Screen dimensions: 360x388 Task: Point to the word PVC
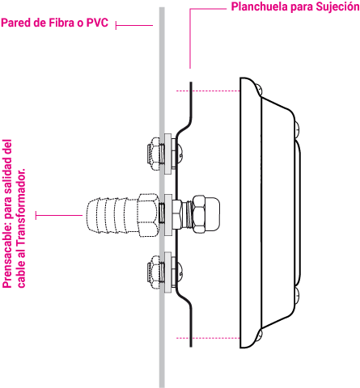coord(97,23)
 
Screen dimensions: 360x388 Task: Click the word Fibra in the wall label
coord(61,23)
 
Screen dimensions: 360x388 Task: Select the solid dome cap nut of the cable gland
coord(207,214)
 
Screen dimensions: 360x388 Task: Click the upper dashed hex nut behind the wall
coord(154,154)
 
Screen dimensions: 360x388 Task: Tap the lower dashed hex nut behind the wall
coord(154,272)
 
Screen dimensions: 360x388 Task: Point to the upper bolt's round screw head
coord(180,154)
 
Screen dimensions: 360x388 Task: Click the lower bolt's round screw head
coord(180,272)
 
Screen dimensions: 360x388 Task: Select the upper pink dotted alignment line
coord(208,91)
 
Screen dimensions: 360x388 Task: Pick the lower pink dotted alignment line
coord(208,338)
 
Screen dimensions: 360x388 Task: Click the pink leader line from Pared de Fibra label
coord(134,26)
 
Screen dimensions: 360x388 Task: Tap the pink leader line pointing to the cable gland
coord(59,215)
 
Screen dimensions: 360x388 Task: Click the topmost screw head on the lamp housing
coord(259,90)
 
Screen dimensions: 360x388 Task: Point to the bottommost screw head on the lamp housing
coord(260,335)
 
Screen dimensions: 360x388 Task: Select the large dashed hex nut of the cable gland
coord(147,215)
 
